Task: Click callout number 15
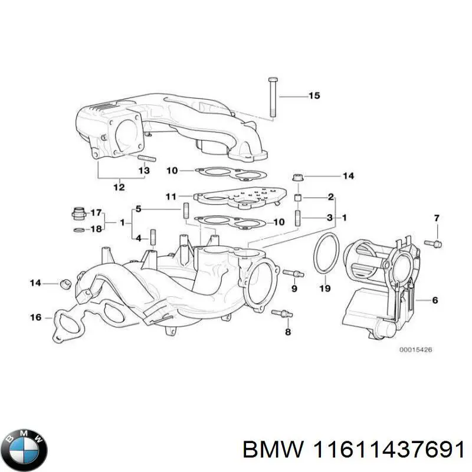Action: tap(314, 96)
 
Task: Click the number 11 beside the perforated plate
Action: tap(171, 196)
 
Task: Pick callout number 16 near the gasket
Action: tap(35, 317)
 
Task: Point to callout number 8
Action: tap(288, 332)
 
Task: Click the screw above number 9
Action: tap(293, 273)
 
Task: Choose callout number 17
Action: tap(96, 212)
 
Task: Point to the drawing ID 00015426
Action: tap(416, 350)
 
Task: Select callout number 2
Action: tap(330, 196)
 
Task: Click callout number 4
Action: tap(138, 238)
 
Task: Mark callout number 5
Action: tap(138, 208)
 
